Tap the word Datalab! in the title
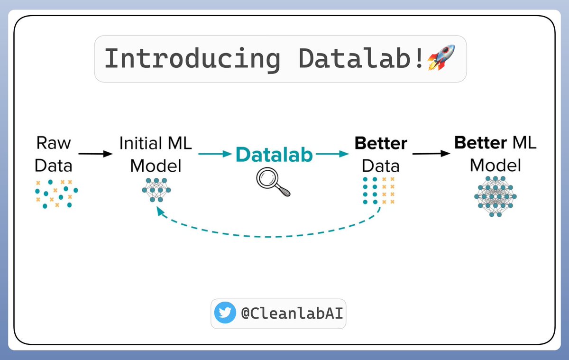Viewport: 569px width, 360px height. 361,59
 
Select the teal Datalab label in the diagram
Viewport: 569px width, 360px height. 275,155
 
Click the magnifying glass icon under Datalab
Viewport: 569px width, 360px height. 273,183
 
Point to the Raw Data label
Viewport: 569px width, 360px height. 54,154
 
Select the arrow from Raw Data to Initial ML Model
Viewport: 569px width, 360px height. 95,154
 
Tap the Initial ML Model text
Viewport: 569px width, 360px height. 156,154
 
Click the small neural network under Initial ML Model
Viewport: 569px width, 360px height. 156,190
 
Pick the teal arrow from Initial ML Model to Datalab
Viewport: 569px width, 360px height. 215,154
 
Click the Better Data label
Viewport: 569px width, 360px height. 381,154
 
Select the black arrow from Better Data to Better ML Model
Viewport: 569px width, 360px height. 431,154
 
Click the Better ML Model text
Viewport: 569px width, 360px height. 495,154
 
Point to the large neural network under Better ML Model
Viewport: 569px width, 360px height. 495,196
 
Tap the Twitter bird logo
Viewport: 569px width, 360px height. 224,314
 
